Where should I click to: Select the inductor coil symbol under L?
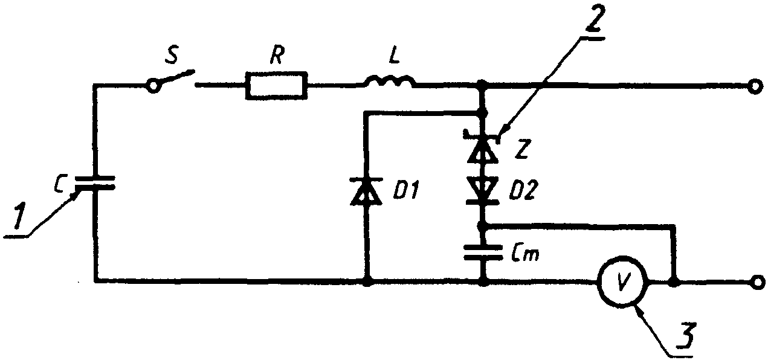390,81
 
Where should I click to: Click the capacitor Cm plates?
483,252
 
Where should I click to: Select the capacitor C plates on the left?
95,183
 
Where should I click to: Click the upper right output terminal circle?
757,86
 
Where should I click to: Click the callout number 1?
19,215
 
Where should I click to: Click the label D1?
405,190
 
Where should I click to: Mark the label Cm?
525,254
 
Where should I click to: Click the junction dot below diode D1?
367,283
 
